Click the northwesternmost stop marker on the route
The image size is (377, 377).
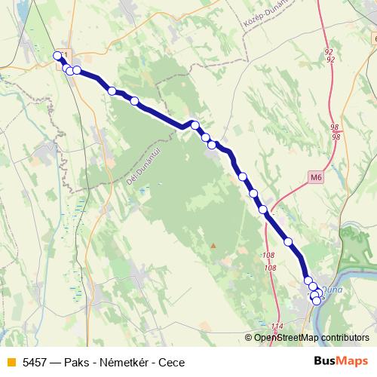click(57, 56)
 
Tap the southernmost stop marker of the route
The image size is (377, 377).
click(316, 301)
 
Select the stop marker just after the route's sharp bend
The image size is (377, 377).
click(195, 125)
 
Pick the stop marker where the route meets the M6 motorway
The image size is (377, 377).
click(264, 210)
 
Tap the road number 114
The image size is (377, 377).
click(277, 326)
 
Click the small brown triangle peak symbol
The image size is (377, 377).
click(213, 245)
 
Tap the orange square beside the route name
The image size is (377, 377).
click(11, 362)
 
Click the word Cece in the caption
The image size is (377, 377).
click(172, 362)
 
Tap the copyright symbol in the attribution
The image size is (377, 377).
click(249, 338)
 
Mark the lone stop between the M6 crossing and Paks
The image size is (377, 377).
click(288, 241)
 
